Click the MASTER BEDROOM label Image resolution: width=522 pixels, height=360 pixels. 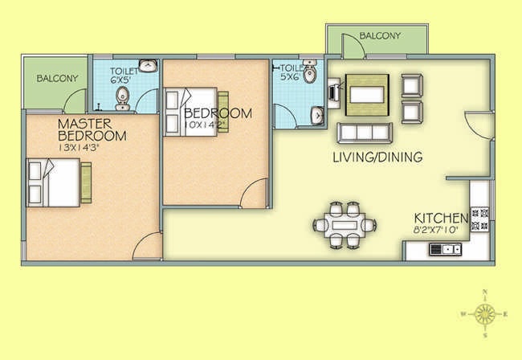click(x=92, y=129)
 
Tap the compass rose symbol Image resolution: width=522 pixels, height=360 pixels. click(x=484, y=313)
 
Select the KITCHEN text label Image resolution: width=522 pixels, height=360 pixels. click(x=441, y=219)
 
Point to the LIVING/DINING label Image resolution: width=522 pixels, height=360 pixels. click(x=377, y=157)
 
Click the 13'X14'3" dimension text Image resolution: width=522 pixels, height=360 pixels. click(x=91, y=148)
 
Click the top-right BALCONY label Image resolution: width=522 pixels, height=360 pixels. click(x=380, y=36)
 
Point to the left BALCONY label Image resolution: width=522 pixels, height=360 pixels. click(x=58, y=78)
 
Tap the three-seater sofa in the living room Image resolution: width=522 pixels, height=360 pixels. click(x=365, y=131)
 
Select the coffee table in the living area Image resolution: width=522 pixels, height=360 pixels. click(x=367, y=92)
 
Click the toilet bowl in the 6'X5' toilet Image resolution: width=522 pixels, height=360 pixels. click(x=122, y=99)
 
